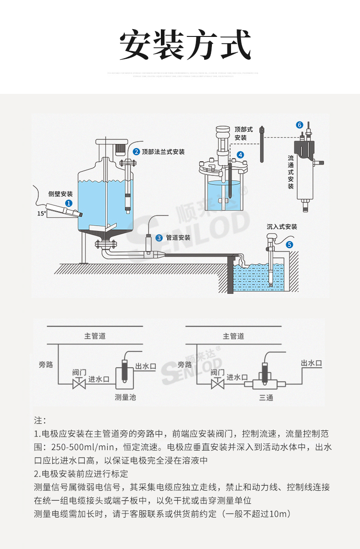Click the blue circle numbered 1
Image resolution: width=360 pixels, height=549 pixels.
(68, 203)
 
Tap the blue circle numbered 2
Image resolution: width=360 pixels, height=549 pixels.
(136, 152)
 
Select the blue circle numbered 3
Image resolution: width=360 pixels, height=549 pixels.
(159, 237)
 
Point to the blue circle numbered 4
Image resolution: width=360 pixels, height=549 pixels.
(240, 155)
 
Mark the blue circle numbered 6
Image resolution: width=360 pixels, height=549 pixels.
(299, 124)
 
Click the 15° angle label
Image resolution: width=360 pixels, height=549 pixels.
(41, 213)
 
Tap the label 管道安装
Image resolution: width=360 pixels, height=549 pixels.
(178, 237)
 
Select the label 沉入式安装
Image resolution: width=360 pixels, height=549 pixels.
(282, 226)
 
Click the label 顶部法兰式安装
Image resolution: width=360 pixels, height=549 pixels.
(163, 152)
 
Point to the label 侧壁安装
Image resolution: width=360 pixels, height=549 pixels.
(60, 194)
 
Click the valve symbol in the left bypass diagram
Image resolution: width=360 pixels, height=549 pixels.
(79, 383)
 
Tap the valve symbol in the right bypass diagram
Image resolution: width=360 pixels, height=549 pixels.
(218, 383)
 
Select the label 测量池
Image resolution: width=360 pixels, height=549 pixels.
(125, 397)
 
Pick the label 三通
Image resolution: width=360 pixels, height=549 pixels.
(266, 398)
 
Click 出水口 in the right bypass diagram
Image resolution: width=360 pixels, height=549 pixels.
(312, 363)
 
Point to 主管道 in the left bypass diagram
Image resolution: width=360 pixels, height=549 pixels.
(95, 336)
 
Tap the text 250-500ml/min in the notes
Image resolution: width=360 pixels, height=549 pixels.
(86, 446)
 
